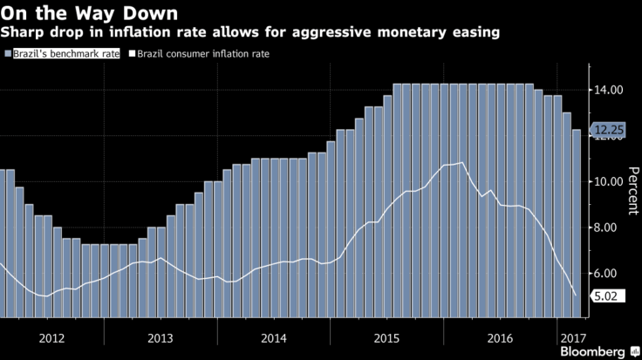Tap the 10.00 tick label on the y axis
609,182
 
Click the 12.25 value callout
611,131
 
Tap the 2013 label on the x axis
160,336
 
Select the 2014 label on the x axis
273,336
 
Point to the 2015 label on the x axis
386,336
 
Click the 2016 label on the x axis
500,336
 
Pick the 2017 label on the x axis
573,336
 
